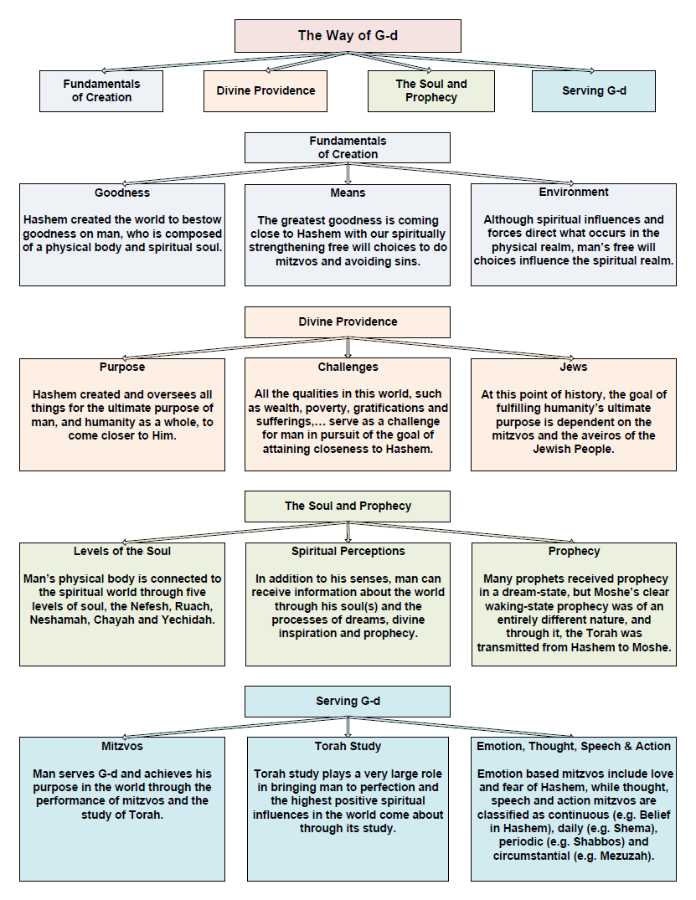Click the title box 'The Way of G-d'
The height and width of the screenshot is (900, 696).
coord(348,36)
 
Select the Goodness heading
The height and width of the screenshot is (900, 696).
coord(122,193)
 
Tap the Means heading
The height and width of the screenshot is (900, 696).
coord(348,193)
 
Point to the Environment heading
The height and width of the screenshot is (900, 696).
coord(573,193)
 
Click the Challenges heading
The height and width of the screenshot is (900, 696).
coord(348,367)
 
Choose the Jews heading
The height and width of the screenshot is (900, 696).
coord(573,367)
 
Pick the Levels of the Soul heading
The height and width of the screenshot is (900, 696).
coord(122,551)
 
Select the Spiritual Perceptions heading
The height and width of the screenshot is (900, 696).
coord(348,551)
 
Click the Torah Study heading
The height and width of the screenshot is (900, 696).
coord(348,746)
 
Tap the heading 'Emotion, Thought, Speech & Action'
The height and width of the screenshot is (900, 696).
coord(574,746)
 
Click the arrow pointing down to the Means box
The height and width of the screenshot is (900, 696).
coord(348,173)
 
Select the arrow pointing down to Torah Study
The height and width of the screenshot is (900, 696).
coord(348,727)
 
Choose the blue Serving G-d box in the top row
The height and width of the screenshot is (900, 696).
coord(594,90)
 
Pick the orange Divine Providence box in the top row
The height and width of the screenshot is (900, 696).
coord(266,90)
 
